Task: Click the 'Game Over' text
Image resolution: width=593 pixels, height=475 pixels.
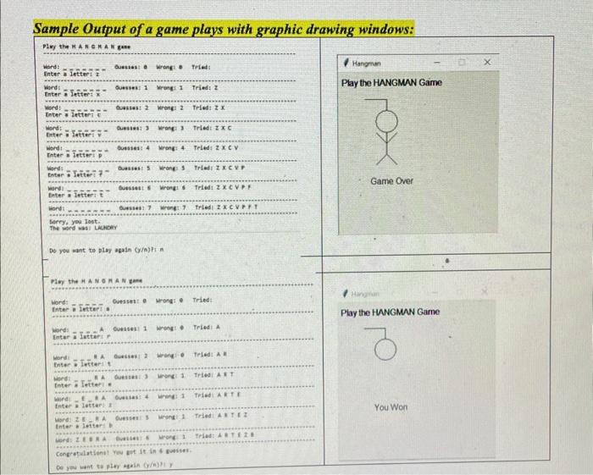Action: [x=391, y=181]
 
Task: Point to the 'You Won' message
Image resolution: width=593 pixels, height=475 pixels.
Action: [x=391, y=407]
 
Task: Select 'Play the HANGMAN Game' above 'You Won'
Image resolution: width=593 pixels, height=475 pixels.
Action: [x=391, y=312]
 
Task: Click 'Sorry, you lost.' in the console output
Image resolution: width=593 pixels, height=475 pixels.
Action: [x=64, y=221]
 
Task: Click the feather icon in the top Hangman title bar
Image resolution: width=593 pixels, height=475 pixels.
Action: [x=346, y=62]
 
